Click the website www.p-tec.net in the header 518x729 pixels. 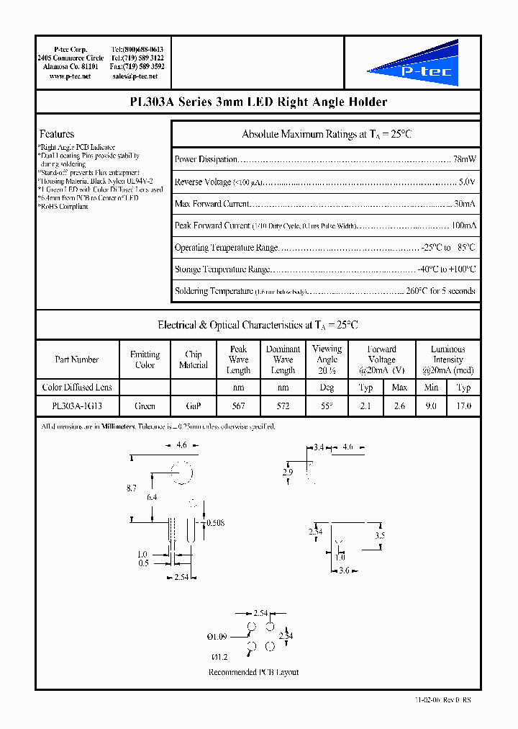point(70,76)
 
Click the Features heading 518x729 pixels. point(56,134)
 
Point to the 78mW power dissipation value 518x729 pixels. point(464,159)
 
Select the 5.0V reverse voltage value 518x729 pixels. point(467,182)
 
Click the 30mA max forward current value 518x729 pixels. point(464,204)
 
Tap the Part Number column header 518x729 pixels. point(76,359)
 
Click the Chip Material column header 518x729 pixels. point(193,359)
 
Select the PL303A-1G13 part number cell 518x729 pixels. point(76,406)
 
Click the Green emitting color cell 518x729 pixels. point(145,406)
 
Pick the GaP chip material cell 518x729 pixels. point(193,406)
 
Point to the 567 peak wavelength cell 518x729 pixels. point(238,406)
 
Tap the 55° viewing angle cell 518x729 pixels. point(327,406)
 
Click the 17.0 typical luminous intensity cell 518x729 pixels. point(463,406)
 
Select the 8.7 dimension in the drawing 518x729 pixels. point(131,488)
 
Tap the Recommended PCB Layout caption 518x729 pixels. point(253,672)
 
